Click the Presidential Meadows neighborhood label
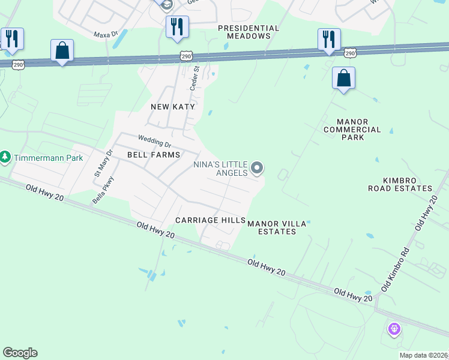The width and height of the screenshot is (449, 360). point(249,32)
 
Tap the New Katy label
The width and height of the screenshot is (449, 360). point(173,107)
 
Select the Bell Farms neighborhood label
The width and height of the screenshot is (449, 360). point(154,155)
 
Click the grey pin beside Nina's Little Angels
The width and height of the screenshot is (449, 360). point(257,168)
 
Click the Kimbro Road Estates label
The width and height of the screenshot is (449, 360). point(400,184)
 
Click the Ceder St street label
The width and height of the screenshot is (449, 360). point(194,78)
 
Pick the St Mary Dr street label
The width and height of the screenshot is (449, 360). point(99,163)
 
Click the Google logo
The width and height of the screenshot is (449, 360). point(20,353)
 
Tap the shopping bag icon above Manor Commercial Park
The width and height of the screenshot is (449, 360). point(343,78)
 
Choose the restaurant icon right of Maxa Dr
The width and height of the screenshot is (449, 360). point(177,27)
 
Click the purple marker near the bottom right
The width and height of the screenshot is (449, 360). point(394,328)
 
